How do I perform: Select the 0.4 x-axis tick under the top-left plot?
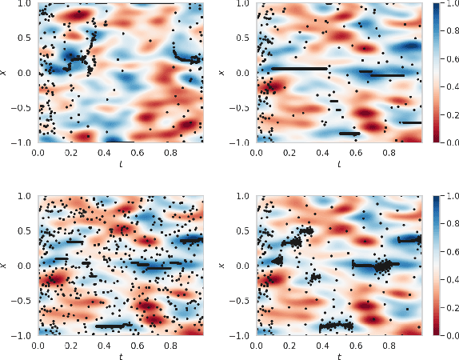(x=104, y=150)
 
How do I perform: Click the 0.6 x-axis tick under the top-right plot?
(x=355, y=150)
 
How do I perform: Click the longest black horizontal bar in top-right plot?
(x=299, y=69)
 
